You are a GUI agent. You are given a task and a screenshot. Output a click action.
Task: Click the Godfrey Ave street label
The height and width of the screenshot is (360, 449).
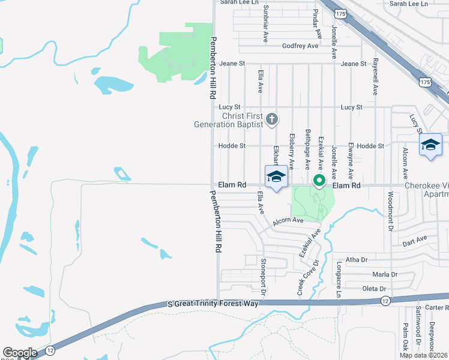click(x=300, y=46)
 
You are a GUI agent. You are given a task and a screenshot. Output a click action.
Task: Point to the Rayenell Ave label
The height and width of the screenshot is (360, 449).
click(x=375, y=76)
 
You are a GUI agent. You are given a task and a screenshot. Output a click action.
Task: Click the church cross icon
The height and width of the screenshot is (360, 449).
click(x=271, y=119)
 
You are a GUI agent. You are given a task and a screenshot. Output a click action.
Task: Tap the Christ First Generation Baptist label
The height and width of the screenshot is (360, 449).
click(x=229, y=120)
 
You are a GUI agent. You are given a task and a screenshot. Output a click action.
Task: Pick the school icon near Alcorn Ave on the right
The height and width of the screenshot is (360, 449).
click(x=430, y=146)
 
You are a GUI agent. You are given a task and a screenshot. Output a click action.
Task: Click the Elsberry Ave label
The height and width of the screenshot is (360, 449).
click(x=292, y=150)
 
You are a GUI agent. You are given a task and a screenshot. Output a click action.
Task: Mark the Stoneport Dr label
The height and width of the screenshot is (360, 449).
click(x=263, y=275)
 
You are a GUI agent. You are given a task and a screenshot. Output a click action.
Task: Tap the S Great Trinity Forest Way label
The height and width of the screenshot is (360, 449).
click(x=212, y=304)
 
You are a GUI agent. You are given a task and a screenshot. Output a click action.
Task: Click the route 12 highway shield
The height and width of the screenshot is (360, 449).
click(x=385, y=299)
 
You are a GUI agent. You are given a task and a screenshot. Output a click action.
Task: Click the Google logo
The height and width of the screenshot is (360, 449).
click(x=20, y=353)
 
